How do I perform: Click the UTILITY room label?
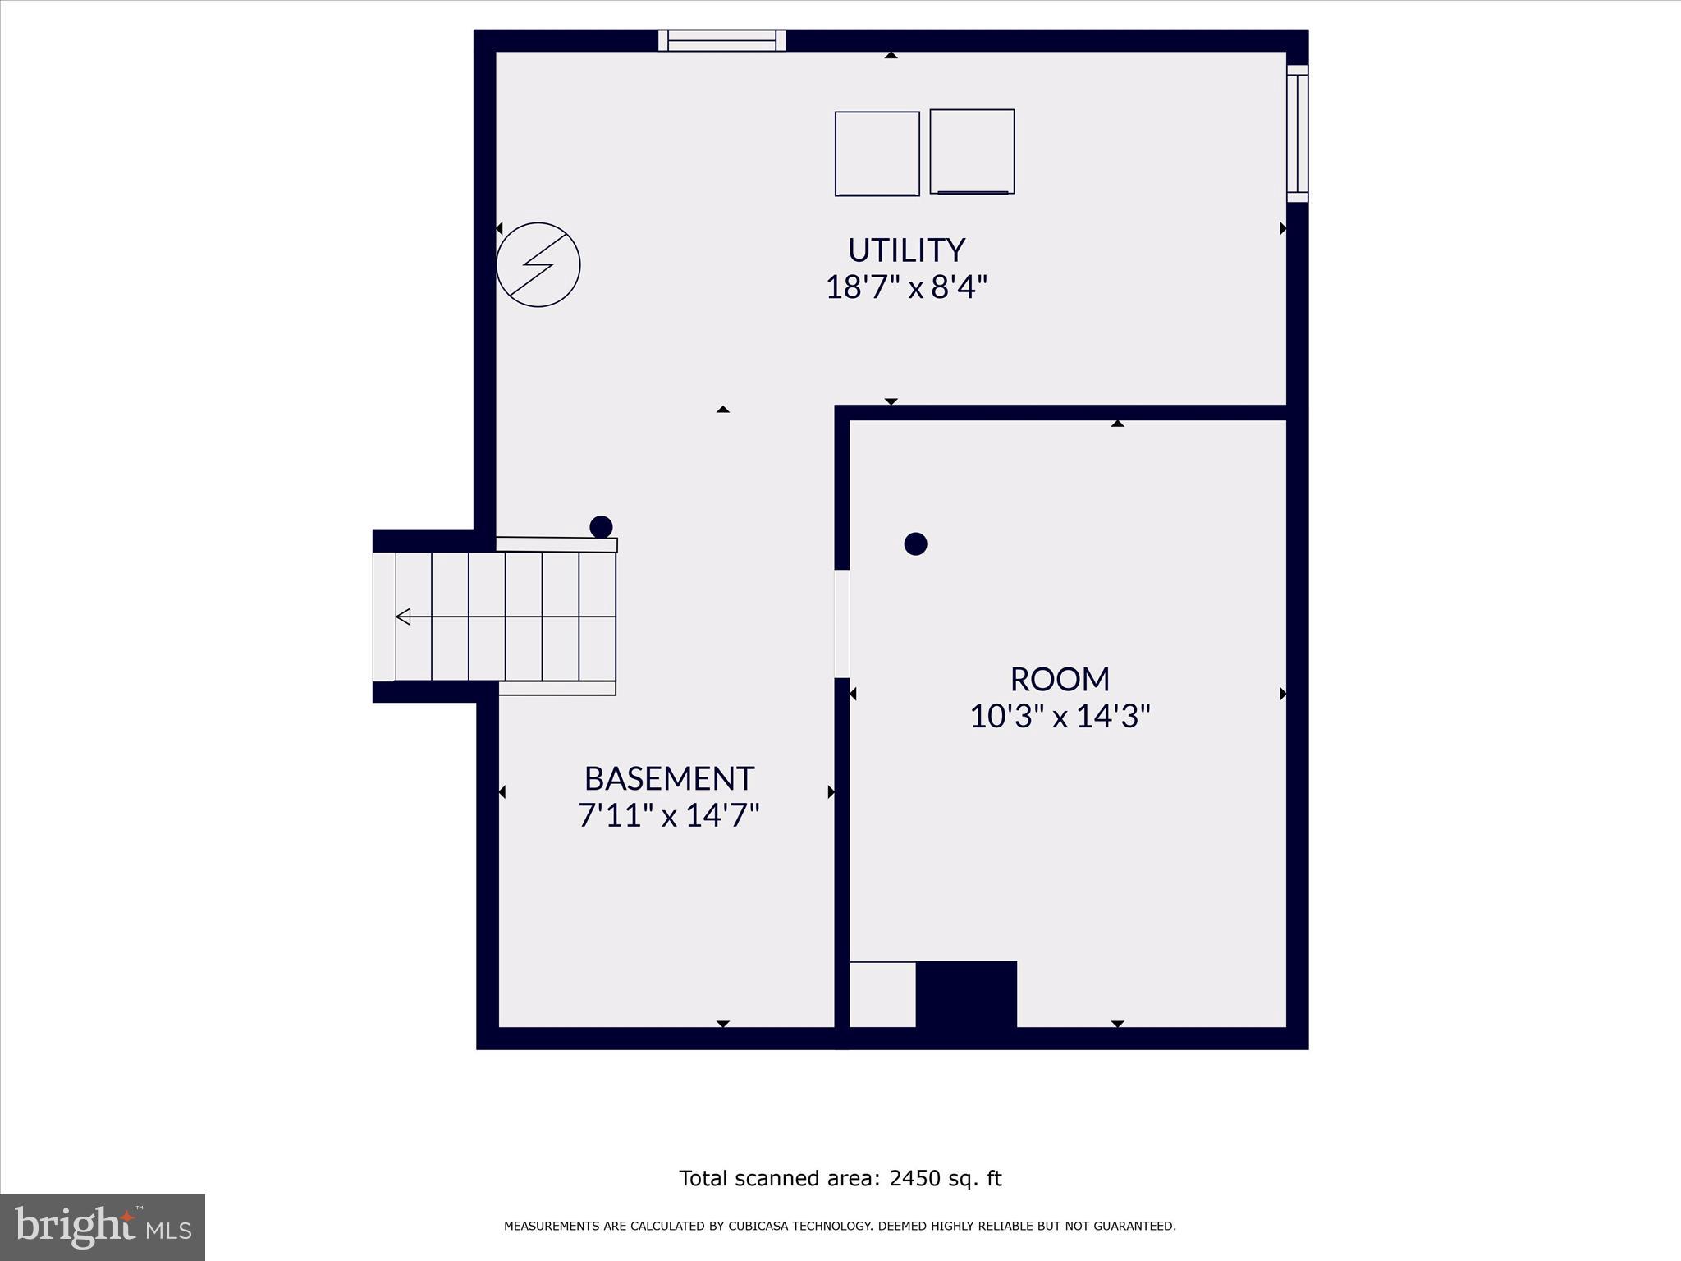point(906,250)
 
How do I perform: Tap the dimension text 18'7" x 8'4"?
point(906,287)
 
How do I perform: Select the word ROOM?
point(1060,679)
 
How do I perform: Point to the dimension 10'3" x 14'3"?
point(1060,716)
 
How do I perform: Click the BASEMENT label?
point(669,777)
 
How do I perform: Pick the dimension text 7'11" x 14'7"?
point(669,815)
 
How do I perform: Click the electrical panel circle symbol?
point(538,264)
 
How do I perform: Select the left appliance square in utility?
point(877,154)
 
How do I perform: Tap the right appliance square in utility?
point(972,151)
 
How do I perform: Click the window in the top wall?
point(721,40)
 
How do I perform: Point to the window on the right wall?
point(1297,133)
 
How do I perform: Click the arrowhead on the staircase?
point(403,617)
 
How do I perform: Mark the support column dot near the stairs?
point(601,526)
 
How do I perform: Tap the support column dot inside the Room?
point(915,543)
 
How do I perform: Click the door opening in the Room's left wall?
point(842,624)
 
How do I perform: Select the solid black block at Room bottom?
point(966,994)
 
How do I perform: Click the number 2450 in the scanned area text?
point(913,1178)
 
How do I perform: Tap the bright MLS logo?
point(103,1227)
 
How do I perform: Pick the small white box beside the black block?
point(882,994)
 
